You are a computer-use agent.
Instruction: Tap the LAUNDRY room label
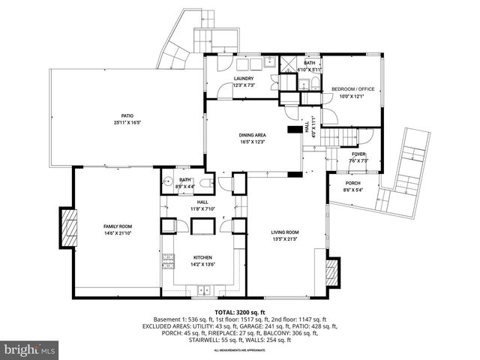(x=243, y=78)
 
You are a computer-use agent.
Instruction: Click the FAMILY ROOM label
(x=117, y=226)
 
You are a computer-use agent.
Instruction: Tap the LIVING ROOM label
(x=285, y=232)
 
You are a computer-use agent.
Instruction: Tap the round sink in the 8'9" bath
(x=168, y=181)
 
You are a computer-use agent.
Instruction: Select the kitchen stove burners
(x=168, y=261)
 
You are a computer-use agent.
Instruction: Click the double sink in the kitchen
(x=203, y=289)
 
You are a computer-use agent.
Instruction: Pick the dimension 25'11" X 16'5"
(x=128, y=122)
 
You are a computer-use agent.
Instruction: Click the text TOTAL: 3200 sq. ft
(x=240, y=312)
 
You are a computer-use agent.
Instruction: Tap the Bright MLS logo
(x=30, y=349)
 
